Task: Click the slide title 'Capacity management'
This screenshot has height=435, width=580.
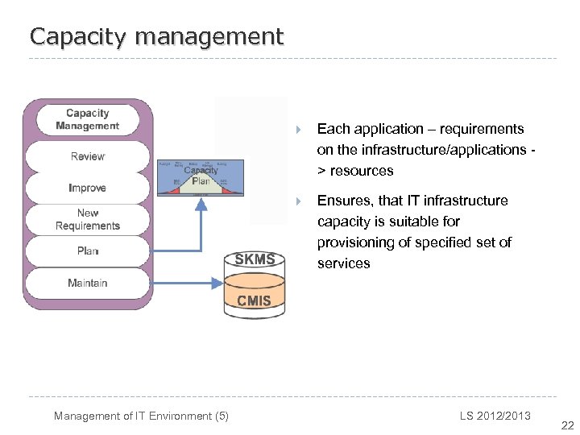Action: pos(156,36)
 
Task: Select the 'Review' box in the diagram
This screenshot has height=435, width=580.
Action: pos(88,156)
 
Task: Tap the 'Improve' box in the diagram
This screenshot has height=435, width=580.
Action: pos(88,188)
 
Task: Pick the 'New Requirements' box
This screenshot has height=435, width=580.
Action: pos(88,219)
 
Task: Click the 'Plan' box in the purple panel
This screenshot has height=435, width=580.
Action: pos(88,251)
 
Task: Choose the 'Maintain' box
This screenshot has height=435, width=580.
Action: pos(88,283)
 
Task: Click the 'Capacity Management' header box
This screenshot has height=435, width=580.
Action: pos(88,119)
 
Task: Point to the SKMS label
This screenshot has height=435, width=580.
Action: pos(255,259)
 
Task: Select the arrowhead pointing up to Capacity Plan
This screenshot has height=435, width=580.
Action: pos(201,203)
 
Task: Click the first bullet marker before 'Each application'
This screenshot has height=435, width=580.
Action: pos(298,130)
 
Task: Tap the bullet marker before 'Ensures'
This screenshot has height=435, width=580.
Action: pos(298,201)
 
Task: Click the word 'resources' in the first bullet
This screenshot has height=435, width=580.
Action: pos(362,171)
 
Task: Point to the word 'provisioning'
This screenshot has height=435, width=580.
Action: pos(358,242)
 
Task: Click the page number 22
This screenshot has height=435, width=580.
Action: pos(567,426)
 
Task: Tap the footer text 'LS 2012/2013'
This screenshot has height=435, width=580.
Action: pos(495,416)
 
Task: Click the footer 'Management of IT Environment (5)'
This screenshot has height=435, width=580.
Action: pos(141,416)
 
